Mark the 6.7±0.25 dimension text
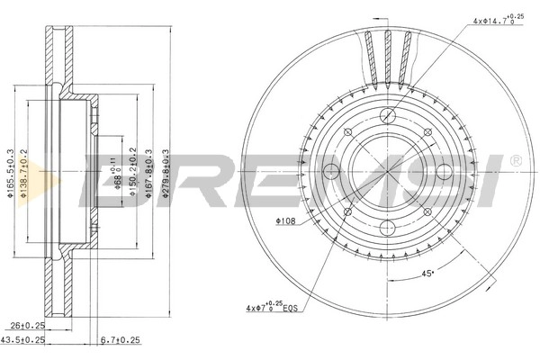(x=120, y=340)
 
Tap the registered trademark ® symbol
(x=514, y=160)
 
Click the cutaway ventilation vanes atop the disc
(x=390, y=49)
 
